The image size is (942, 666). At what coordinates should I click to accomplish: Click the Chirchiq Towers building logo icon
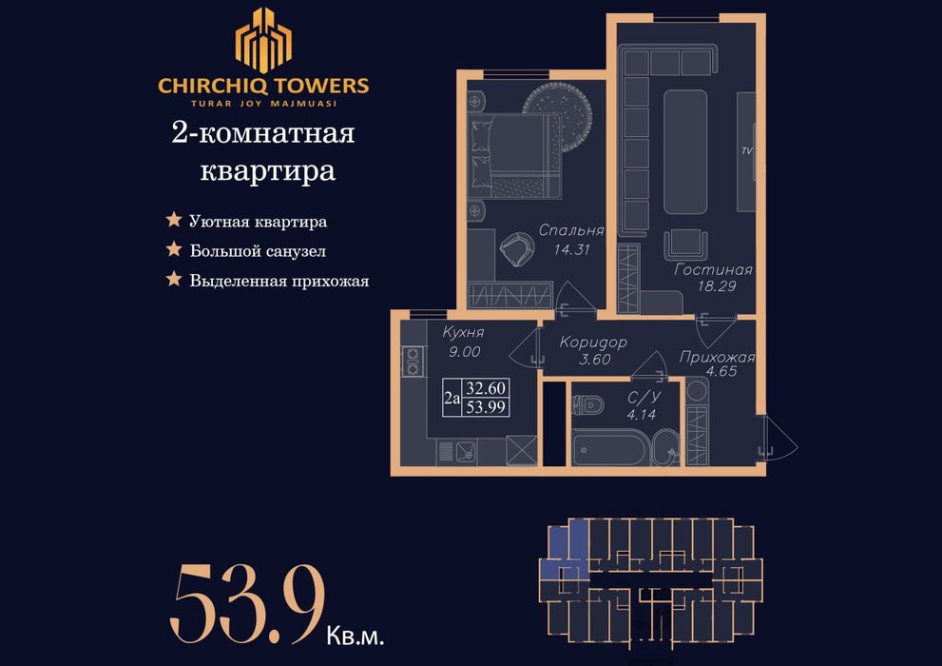point(263,40)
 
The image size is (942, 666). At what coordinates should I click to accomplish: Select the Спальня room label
point(571,231)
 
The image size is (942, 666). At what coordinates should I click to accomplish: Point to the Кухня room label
point(464,332)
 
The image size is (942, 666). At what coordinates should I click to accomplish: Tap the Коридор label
point(593,343)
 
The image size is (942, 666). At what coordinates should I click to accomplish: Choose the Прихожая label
point(717,358)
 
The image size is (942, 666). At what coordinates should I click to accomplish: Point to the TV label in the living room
point(745,151)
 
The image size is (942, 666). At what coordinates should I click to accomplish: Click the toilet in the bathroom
point(588,405)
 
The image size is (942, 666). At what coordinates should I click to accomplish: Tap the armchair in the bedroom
point(520,249)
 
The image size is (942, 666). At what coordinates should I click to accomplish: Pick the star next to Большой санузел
point(174,250)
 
